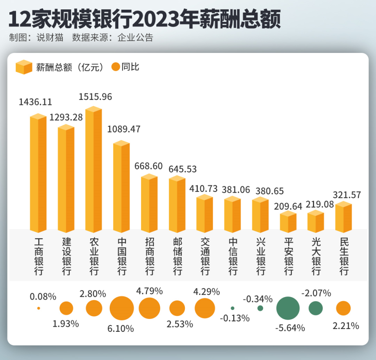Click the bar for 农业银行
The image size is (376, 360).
[x=94, y=170]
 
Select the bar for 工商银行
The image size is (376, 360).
[x=38, y=174]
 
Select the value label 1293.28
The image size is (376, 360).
[x=66, y=117]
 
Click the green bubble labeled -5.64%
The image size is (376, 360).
[x=288, y=308]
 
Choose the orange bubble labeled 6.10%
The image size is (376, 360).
[x=122, y=308]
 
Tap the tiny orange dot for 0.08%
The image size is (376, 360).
[x=38, y=308]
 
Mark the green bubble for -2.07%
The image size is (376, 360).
[x=316, y=308]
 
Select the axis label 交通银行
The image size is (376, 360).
[x=205, y=256]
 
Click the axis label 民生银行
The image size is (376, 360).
[x=344, y=256]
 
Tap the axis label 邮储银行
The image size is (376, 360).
[x=177, y=256]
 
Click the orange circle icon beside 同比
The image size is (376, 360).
[x=116, y=67]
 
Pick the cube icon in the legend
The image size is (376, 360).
[x=24, y=67]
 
